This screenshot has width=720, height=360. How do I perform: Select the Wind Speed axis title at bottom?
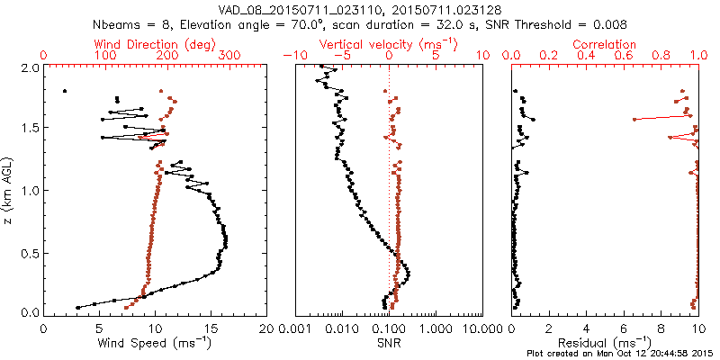(x=155, y=343)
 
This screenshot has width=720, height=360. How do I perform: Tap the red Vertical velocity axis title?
(x=389, y=44)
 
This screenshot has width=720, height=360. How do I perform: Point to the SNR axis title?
(x=389, y=343)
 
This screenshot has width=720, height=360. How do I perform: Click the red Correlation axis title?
(x=605, y=44)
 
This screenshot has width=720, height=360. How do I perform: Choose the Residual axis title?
(x=605, y=343)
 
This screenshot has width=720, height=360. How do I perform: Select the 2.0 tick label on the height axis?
(x=29, y=67)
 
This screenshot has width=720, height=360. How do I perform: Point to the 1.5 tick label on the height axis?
(x=29, y=128)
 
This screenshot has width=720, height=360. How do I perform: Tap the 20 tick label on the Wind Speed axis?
(x=267, y=328)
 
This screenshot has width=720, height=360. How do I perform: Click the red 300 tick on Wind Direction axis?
(x=229, y=55)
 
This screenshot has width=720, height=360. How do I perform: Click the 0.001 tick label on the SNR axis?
(x=295, y=328)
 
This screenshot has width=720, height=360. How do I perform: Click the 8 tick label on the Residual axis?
(x=661, y=328)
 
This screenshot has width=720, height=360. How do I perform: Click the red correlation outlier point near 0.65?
(x=634, y=119)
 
